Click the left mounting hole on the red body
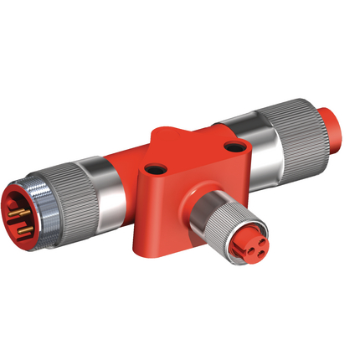click(x=155, y=164)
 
